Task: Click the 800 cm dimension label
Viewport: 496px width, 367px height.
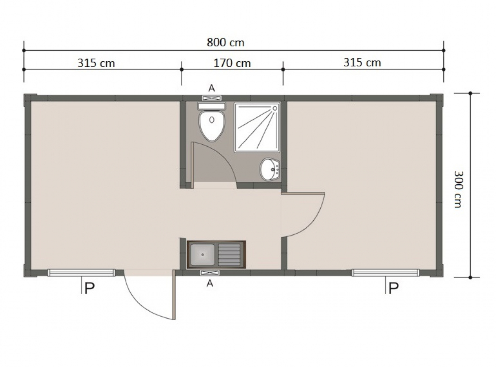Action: coord(225,43)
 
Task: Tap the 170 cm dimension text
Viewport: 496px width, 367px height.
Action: coord(232,63)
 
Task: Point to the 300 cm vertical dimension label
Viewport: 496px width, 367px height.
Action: coord(458,190)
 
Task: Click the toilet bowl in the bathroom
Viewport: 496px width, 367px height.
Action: coord(212,126)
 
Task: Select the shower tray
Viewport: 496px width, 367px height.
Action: coord(257,127)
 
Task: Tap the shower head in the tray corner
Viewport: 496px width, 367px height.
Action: coord(275,108)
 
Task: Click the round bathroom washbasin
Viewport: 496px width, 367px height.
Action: coord(269,169)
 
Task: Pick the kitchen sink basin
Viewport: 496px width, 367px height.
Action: coord(203,255)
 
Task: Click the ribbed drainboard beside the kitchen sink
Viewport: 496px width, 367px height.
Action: coord(229,255)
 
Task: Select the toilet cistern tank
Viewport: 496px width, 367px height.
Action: coord(212,106)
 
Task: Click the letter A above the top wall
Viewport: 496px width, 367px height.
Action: coord(212,88)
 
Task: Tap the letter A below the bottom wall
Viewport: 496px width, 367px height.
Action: coord(210,284)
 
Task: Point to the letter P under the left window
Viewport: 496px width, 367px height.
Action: coord(89,288)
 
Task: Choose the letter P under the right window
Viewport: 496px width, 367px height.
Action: coord(393,288)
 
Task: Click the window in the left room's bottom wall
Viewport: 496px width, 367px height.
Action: coord(81,273)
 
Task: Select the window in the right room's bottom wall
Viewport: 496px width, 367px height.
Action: coord(386,273)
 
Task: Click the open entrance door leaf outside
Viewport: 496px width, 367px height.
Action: coord(174,295)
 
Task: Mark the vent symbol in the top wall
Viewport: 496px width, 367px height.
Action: coord(212,98)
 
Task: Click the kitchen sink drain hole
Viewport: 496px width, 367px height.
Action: coord(203,255)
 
